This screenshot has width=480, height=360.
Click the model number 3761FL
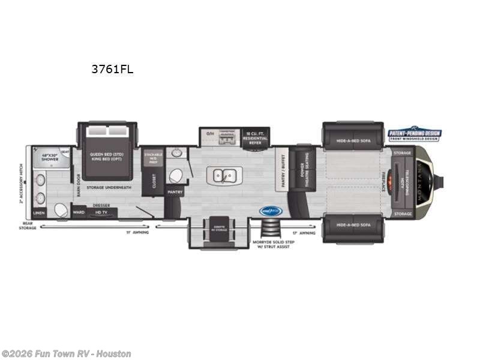click(x=112, y=69)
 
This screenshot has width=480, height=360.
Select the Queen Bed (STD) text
click(x=107, y=153)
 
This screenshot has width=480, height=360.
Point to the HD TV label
click(x=100, y=212)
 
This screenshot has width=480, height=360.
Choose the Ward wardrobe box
click(x=78, y=212)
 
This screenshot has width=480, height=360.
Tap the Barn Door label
click(x=78, y=186)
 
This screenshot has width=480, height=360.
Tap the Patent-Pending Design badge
click(x=414, y=134)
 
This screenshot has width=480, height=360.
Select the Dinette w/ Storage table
click(x=218, y=230)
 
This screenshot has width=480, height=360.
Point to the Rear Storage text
click(x=28, y=225)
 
